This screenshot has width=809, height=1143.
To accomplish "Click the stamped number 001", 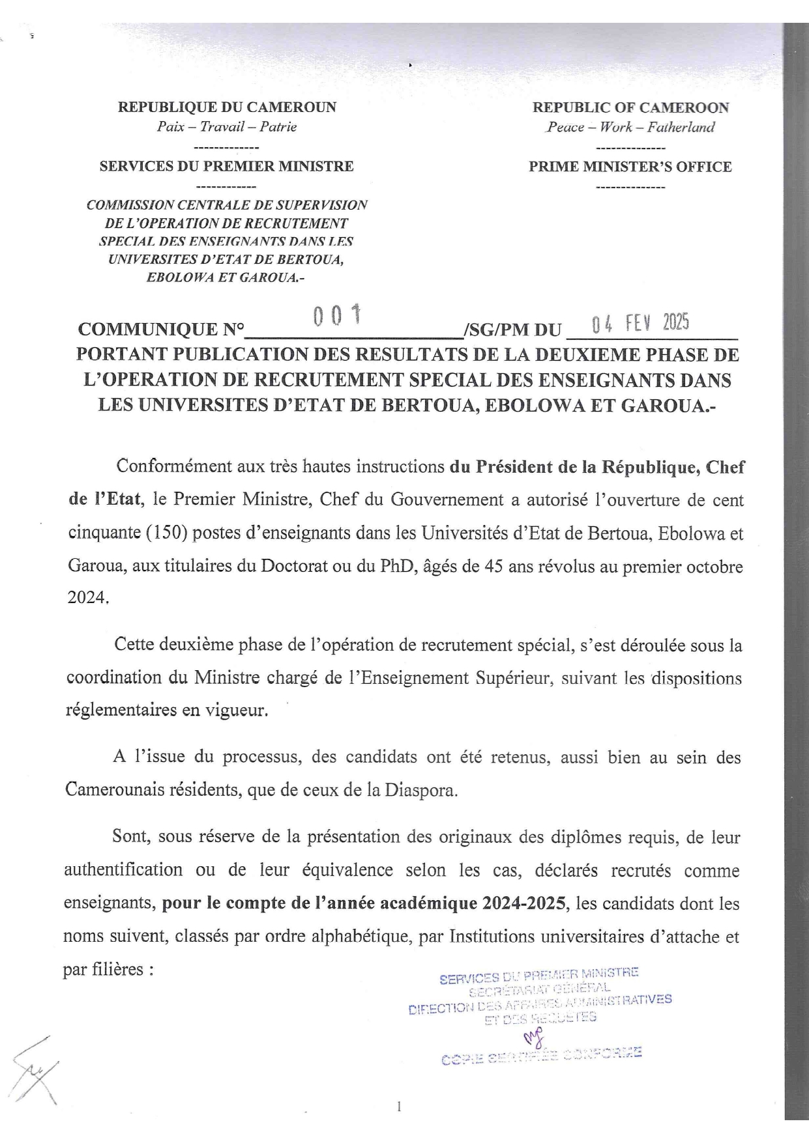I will point(337,317).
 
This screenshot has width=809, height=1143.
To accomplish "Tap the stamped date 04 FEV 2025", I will point(640,322).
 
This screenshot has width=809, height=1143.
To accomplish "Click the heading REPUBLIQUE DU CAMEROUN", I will point(227,107).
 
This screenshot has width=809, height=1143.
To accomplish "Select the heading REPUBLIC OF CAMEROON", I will point(630,107).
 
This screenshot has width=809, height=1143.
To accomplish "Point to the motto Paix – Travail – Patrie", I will point(227,127).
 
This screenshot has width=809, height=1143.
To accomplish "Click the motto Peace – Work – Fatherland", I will point(630,127).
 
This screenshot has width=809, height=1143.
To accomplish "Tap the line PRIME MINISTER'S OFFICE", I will point(630,167).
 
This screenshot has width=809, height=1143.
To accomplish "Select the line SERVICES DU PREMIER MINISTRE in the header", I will point(227,167).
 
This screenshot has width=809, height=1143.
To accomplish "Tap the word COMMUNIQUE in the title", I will point(152,330).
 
